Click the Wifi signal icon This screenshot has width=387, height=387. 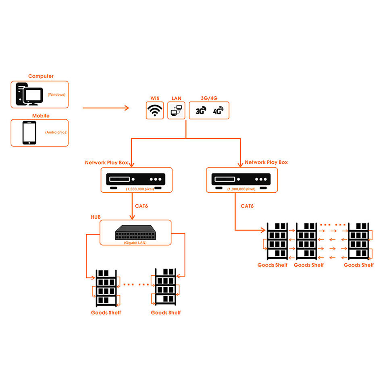click(x=154, y=110)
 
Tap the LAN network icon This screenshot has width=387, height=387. click(x=176, y=110)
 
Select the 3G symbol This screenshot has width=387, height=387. click(x=201, y=111)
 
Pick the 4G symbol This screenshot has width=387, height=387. click(x=218, y=111)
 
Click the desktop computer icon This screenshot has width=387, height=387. click(x=28, y=94)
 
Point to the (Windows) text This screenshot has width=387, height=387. click(x=56, y=95)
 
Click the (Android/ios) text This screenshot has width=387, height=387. click(x=56, y=132)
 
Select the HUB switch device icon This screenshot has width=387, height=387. click(x=135, y=232)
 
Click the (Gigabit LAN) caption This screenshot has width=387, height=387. click(x=135, y=243)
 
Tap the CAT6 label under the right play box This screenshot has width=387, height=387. click(x=247, y=206)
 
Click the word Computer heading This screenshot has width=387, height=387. click(x=41, y=76)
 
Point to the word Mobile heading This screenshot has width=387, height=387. click(x=41, y=116)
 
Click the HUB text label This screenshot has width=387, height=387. click(x=96, y=217)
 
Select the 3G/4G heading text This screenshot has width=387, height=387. click(x=209, y=98)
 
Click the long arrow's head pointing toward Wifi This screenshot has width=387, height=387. click(x=127, y=108)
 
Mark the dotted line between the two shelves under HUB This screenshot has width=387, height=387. click(x=136, y=284)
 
